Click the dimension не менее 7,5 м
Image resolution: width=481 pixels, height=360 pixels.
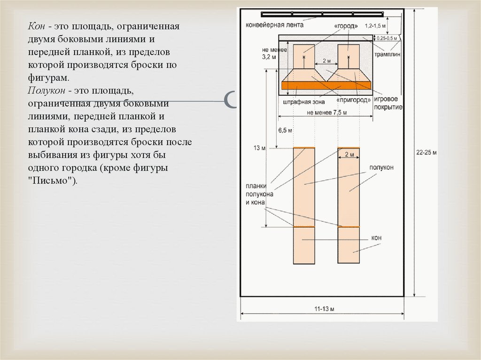click(327, 112)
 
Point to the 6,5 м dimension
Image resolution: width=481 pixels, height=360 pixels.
click(285, 130)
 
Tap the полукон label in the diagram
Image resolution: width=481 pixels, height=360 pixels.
click(380, 167)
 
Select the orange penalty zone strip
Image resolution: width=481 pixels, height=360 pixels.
click(326, 85)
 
